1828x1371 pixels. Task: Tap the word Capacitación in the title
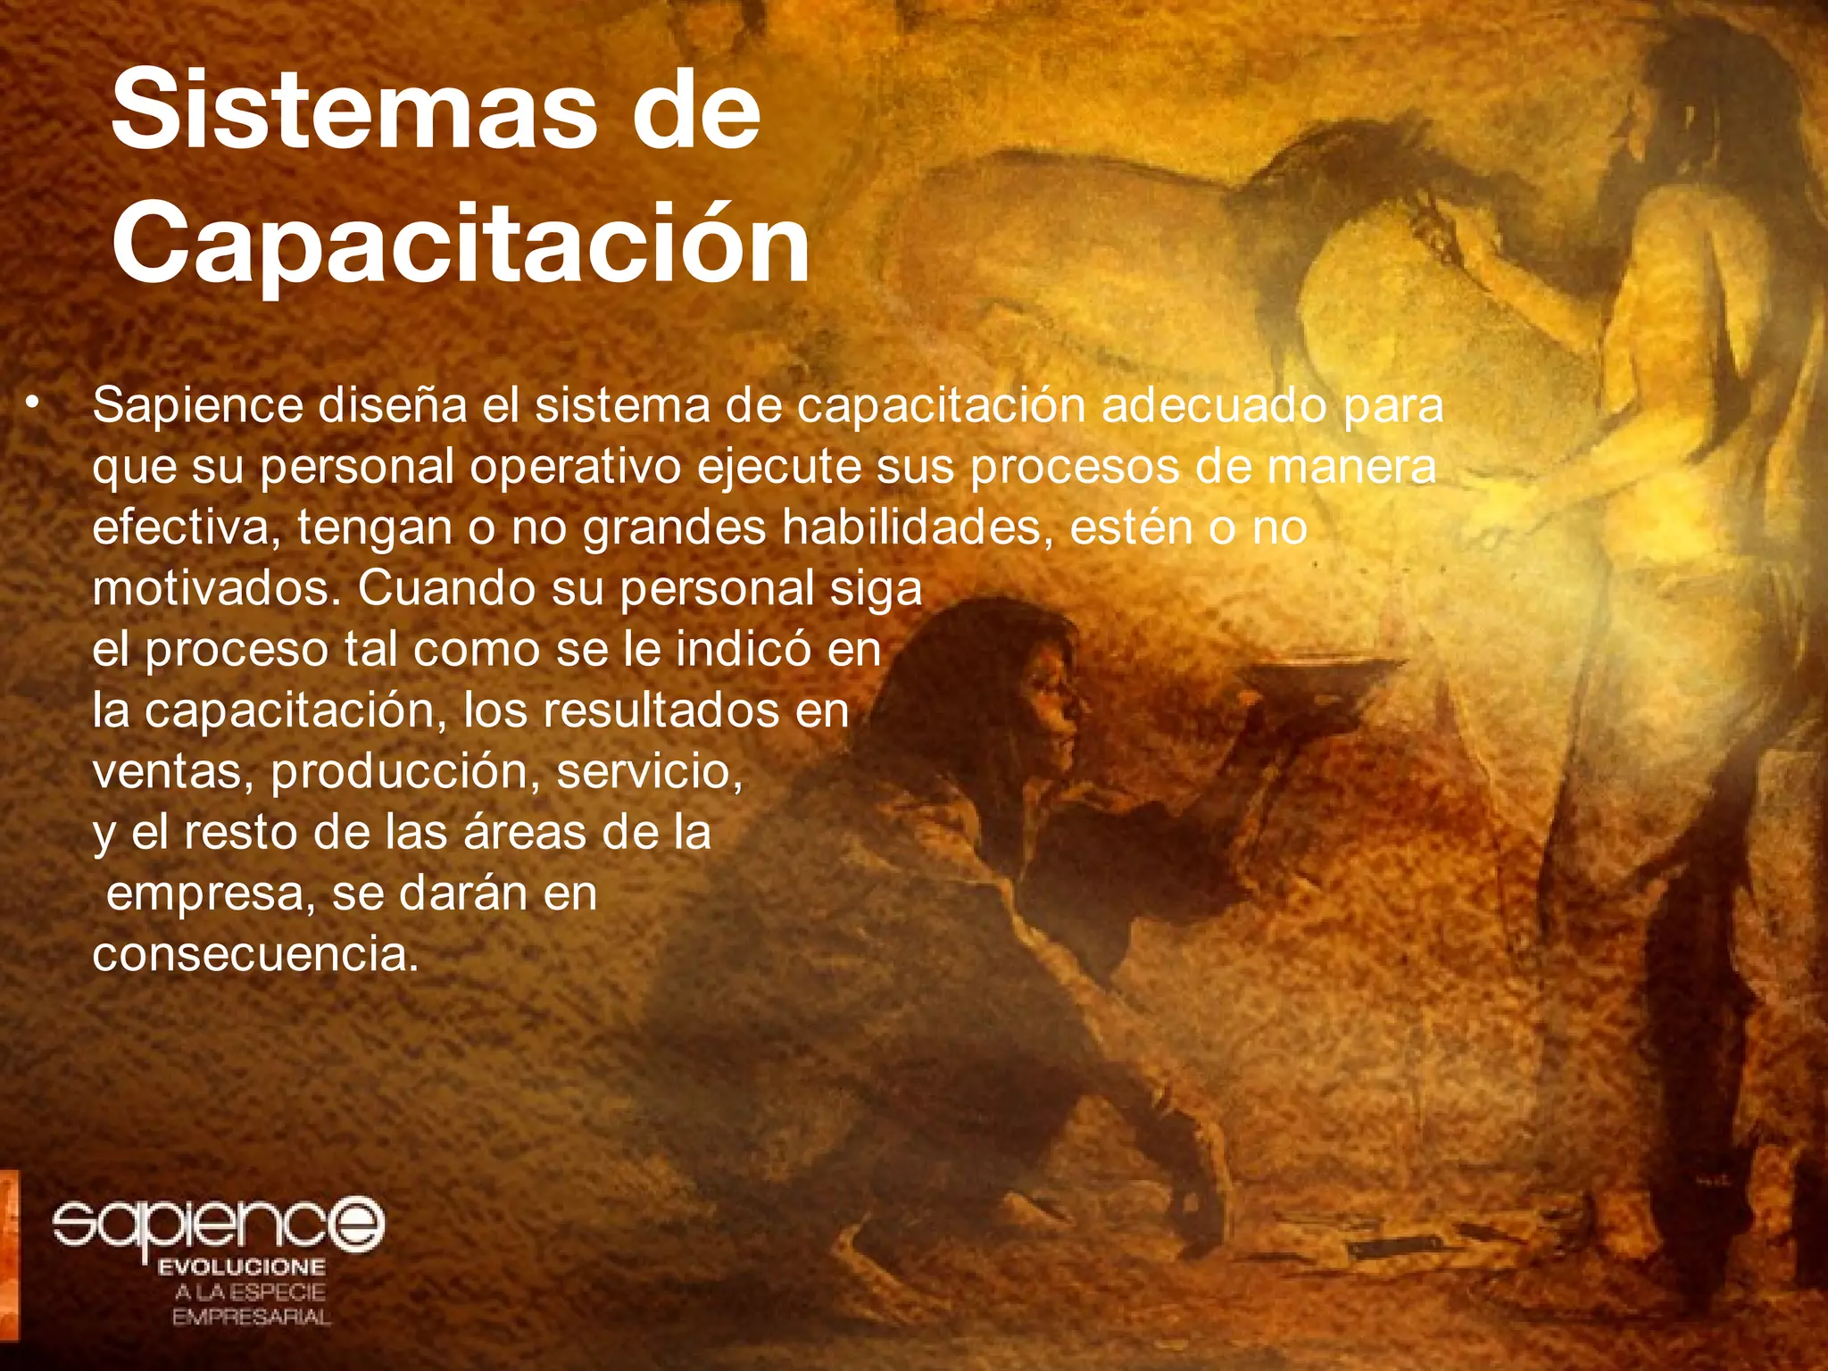[x=461, y=240]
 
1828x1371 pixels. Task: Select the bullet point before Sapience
[x=33, y=403]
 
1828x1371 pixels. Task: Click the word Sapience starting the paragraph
[x=198, y=406]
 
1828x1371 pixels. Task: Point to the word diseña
[x=393, y=406]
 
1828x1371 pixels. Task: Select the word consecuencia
[x=255, y=955]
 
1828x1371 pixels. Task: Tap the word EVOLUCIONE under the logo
[x=241, y=1267]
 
